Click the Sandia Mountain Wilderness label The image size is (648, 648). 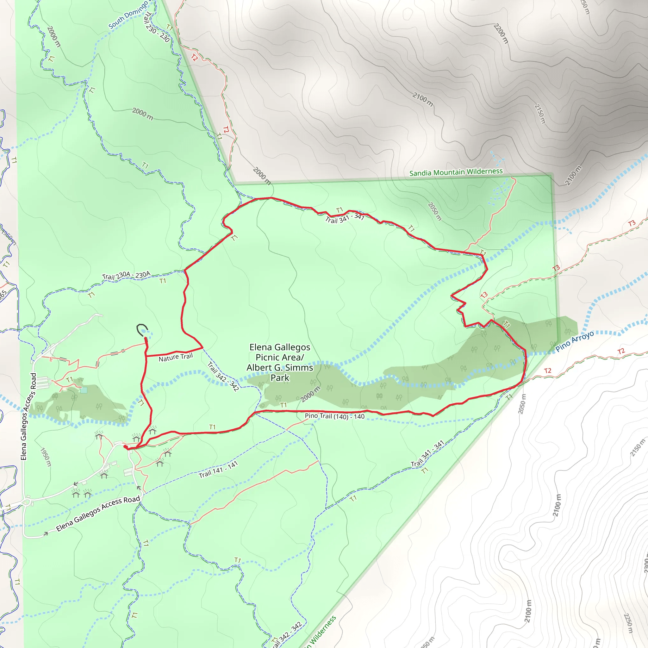point(456,172)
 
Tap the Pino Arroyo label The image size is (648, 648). point(575,341)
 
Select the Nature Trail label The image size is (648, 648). point(176,358)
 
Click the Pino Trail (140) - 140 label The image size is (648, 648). point(334,416)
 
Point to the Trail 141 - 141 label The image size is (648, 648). point(218,470)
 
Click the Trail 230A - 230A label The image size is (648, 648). point(126,276)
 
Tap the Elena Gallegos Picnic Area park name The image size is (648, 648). point(280,362)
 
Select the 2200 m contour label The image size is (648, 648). point(501,34)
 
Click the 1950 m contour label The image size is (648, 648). point(46,457)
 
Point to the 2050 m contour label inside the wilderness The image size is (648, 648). point(435,211)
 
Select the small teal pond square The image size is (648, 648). point(84,390)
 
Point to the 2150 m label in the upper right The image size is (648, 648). point(540,114)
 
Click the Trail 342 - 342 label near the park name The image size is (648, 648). point(223,377)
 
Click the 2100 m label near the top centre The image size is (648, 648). point(423,100)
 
